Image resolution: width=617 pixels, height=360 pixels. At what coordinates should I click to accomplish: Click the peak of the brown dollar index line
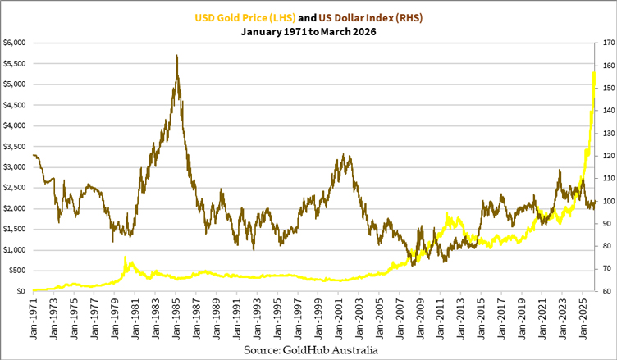177,56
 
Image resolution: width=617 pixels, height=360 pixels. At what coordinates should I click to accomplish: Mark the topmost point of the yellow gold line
593,72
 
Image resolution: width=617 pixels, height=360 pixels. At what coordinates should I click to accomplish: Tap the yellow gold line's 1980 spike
126,257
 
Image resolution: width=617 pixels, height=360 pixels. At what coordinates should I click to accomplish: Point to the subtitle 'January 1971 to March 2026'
308,32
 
